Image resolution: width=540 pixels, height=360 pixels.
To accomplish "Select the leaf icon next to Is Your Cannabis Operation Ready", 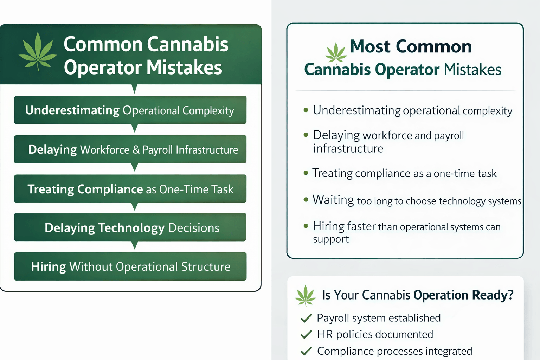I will [305, 296].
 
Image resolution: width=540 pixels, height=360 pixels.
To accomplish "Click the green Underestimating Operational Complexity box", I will [130, 110].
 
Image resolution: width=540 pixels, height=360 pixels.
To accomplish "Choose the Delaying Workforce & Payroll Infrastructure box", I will [130, 149].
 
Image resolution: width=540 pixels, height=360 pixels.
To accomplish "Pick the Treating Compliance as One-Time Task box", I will [130, 189].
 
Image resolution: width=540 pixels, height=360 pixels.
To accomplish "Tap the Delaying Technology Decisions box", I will [130, 227].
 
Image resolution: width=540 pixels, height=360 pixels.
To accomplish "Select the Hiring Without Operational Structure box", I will [130, 266].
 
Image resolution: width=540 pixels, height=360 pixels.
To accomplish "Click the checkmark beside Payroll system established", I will [306, 318].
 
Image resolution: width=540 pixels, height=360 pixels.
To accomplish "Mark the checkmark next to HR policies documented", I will [306, 334].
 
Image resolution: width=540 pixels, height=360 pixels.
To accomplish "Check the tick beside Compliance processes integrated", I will [306, 351].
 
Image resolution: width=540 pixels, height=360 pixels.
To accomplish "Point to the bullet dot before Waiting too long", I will [306, 200].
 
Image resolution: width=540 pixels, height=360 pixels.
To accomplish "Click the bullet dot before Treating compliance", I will [306, 173].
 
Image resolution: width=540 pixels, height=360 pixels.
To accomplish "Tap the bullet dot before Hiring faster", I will [306, 226].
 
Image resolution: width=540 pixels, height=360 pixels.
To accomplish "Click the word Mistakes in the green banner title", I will [184, 67].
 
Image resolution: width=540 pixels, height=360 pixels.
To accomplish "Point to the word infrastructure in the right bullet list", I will [348, 149].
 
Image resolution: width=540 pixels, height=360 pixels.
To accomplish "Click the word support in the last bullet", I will [331, 239].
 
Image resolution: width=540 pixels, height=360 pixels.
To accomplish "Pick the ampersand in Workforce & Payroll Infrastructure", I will [136, 150].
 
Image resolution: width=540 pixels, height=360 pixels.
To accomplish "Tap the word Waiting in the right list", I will [333, 200].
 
